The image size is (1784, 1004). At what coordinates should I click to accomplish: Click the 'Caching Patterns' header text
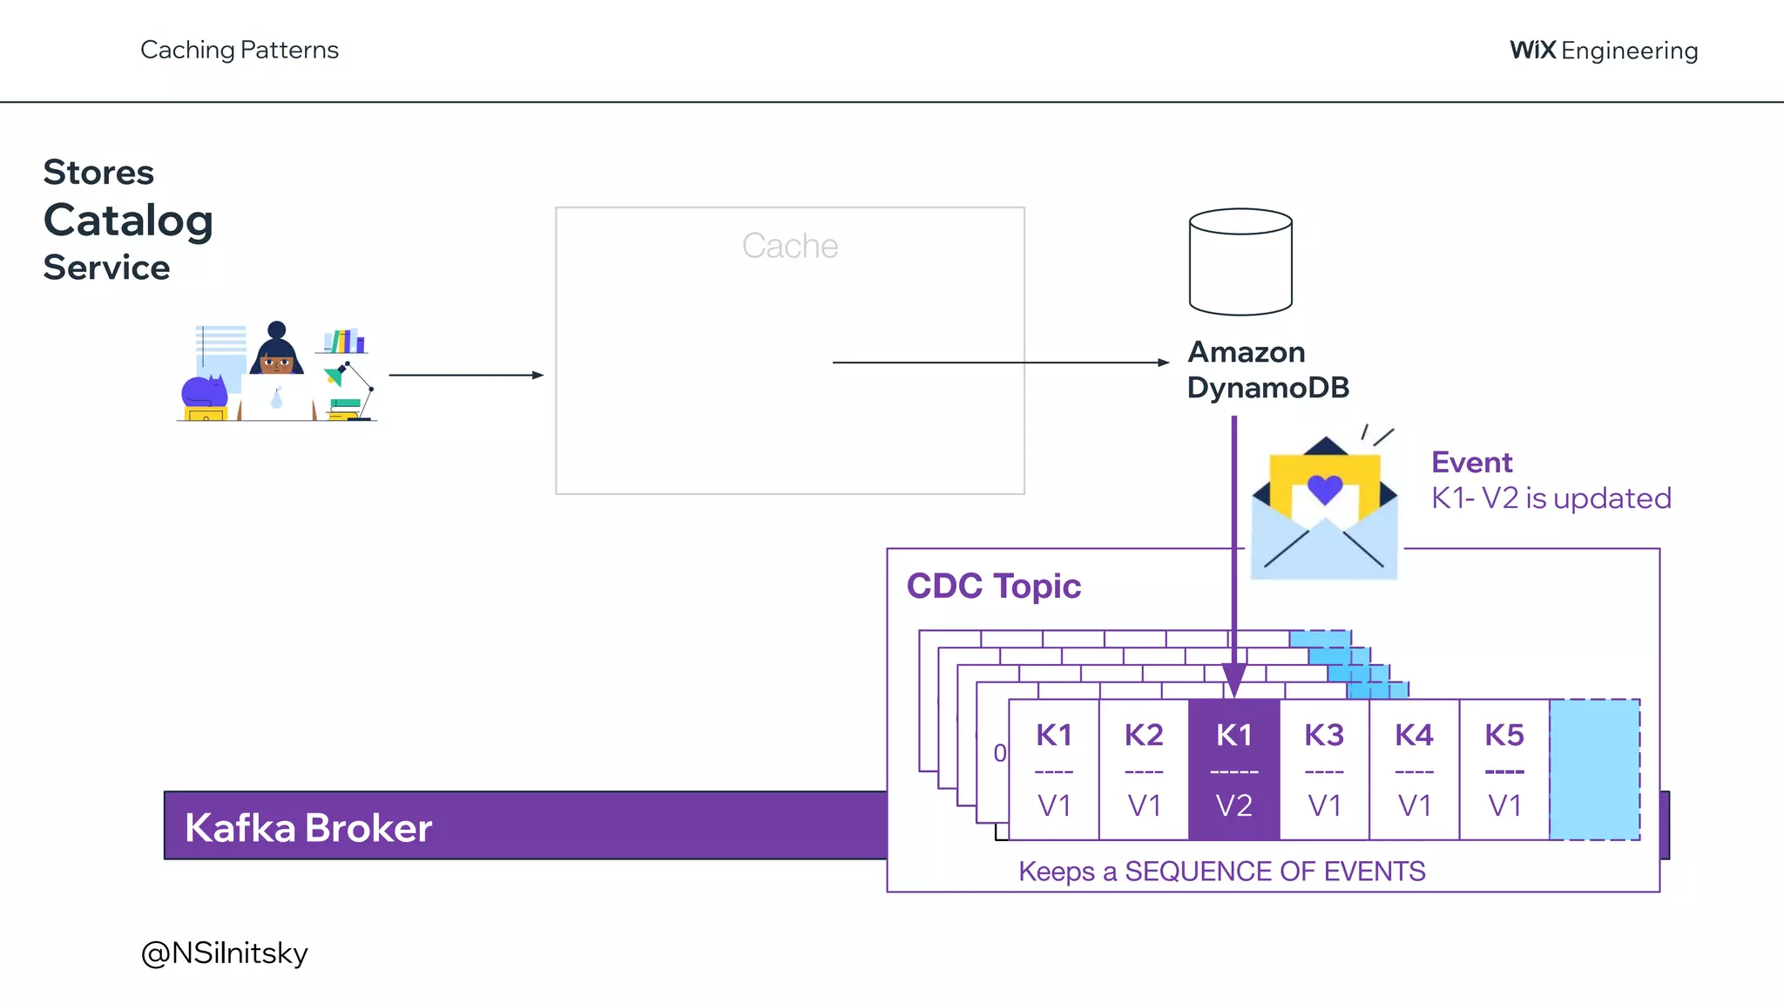[x=239, y=51]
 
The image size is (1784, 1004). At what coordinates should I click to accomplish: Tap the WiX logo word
[x=1532, y=51]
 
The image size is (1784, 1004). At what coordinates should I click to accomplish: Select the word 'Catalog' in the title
[x=128, y=220]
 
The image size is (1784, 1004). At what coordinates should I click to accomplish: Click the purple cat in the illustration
[x=204, y=392]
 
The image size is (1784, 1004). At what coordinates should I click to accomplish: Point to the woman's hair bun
[x=276, y=329]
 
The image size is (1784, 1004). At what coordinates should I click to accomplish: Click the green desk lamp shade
[x=334, y=377]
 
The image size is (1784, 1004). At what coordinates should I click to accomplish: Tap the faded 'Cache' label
[x=789, y=247]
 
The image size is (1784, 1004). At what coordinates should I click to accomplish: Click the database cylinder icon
[x=1240, y=261]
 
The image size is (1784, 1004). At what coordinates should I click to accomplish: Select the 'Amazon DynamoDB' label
[x=1267, y=370]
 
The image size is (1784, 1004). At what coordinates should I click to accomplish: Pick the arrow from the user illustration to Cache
[x=466, y=375]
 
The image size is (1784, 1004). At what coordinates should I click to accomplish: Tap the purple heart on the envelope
[x=1325, y=489]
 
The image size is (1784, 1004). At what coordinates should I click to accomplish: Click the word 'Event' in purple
[x=1471, y=462]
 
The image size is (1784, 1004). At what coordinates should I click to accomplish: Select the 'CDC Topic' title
[x=993, y=586]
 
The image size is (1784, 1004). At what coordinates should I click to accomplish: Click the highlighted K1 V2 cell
[x=1233, y=770]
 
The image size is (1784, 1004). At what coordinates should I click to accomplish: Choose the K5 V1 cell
[x=1504, y=770]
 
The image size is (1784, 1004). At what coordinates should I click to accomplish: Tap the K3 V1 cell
[x=1324, y=770]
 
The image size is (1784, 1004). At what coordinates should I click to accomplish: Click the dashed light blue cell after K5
[x=1594, y=770]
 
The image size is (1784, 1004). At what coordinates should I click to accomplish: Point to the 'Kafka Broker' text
[x=308, y=828]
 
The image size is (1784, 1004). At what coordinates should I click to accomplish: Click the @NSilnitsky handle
[x=224, y=953]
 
